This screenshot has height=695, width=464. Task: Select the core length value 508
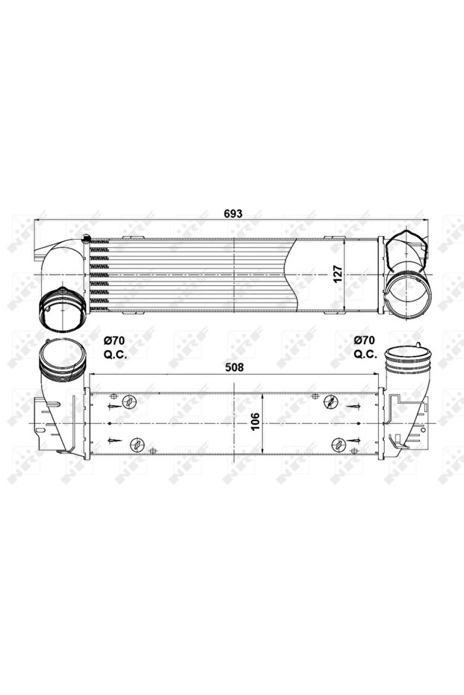(x=234, y=367)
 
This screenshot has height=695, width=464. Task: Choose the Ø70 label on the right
(x=365, y=340)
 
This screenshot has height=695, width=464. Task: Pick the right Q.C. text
(x=365, y=355)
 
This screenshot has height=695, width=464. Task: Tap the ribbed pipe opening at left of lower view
(x=60, y=356)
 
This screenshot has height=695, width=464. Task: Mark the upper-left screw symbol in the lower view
(x=130, y=403)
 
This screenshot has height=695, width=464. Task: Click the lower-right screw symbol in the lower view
(x=338, y=445)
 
